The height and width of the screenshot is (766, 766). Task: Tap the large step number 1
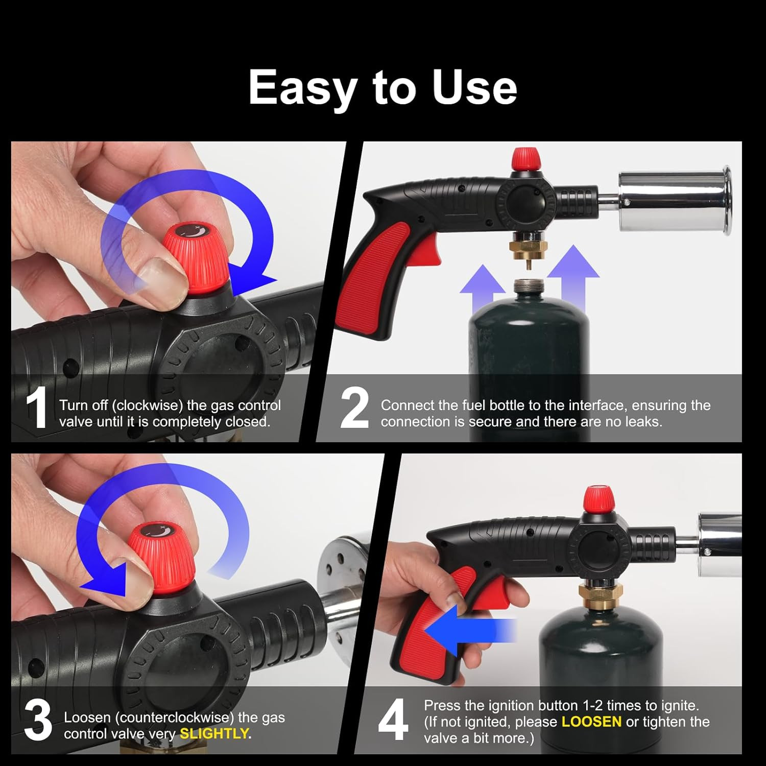click(x=37, y=408)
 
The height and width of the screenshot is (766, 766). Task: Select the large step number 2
click(x=354, y=408)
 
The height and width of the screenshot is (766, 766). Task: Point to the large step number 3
click(x=38, y=720)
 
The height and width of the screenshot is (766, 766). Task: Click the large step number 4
click(x=393, y=720)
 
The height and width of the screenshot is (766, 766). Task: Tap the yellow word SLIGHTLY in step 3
click(x=214, y=734)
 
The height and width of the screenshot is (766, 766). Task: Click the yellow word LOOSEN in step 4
click(x=591, y=722)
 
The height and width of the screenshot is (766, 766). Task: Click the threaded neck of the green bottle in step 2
click(x=529, y=286)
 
